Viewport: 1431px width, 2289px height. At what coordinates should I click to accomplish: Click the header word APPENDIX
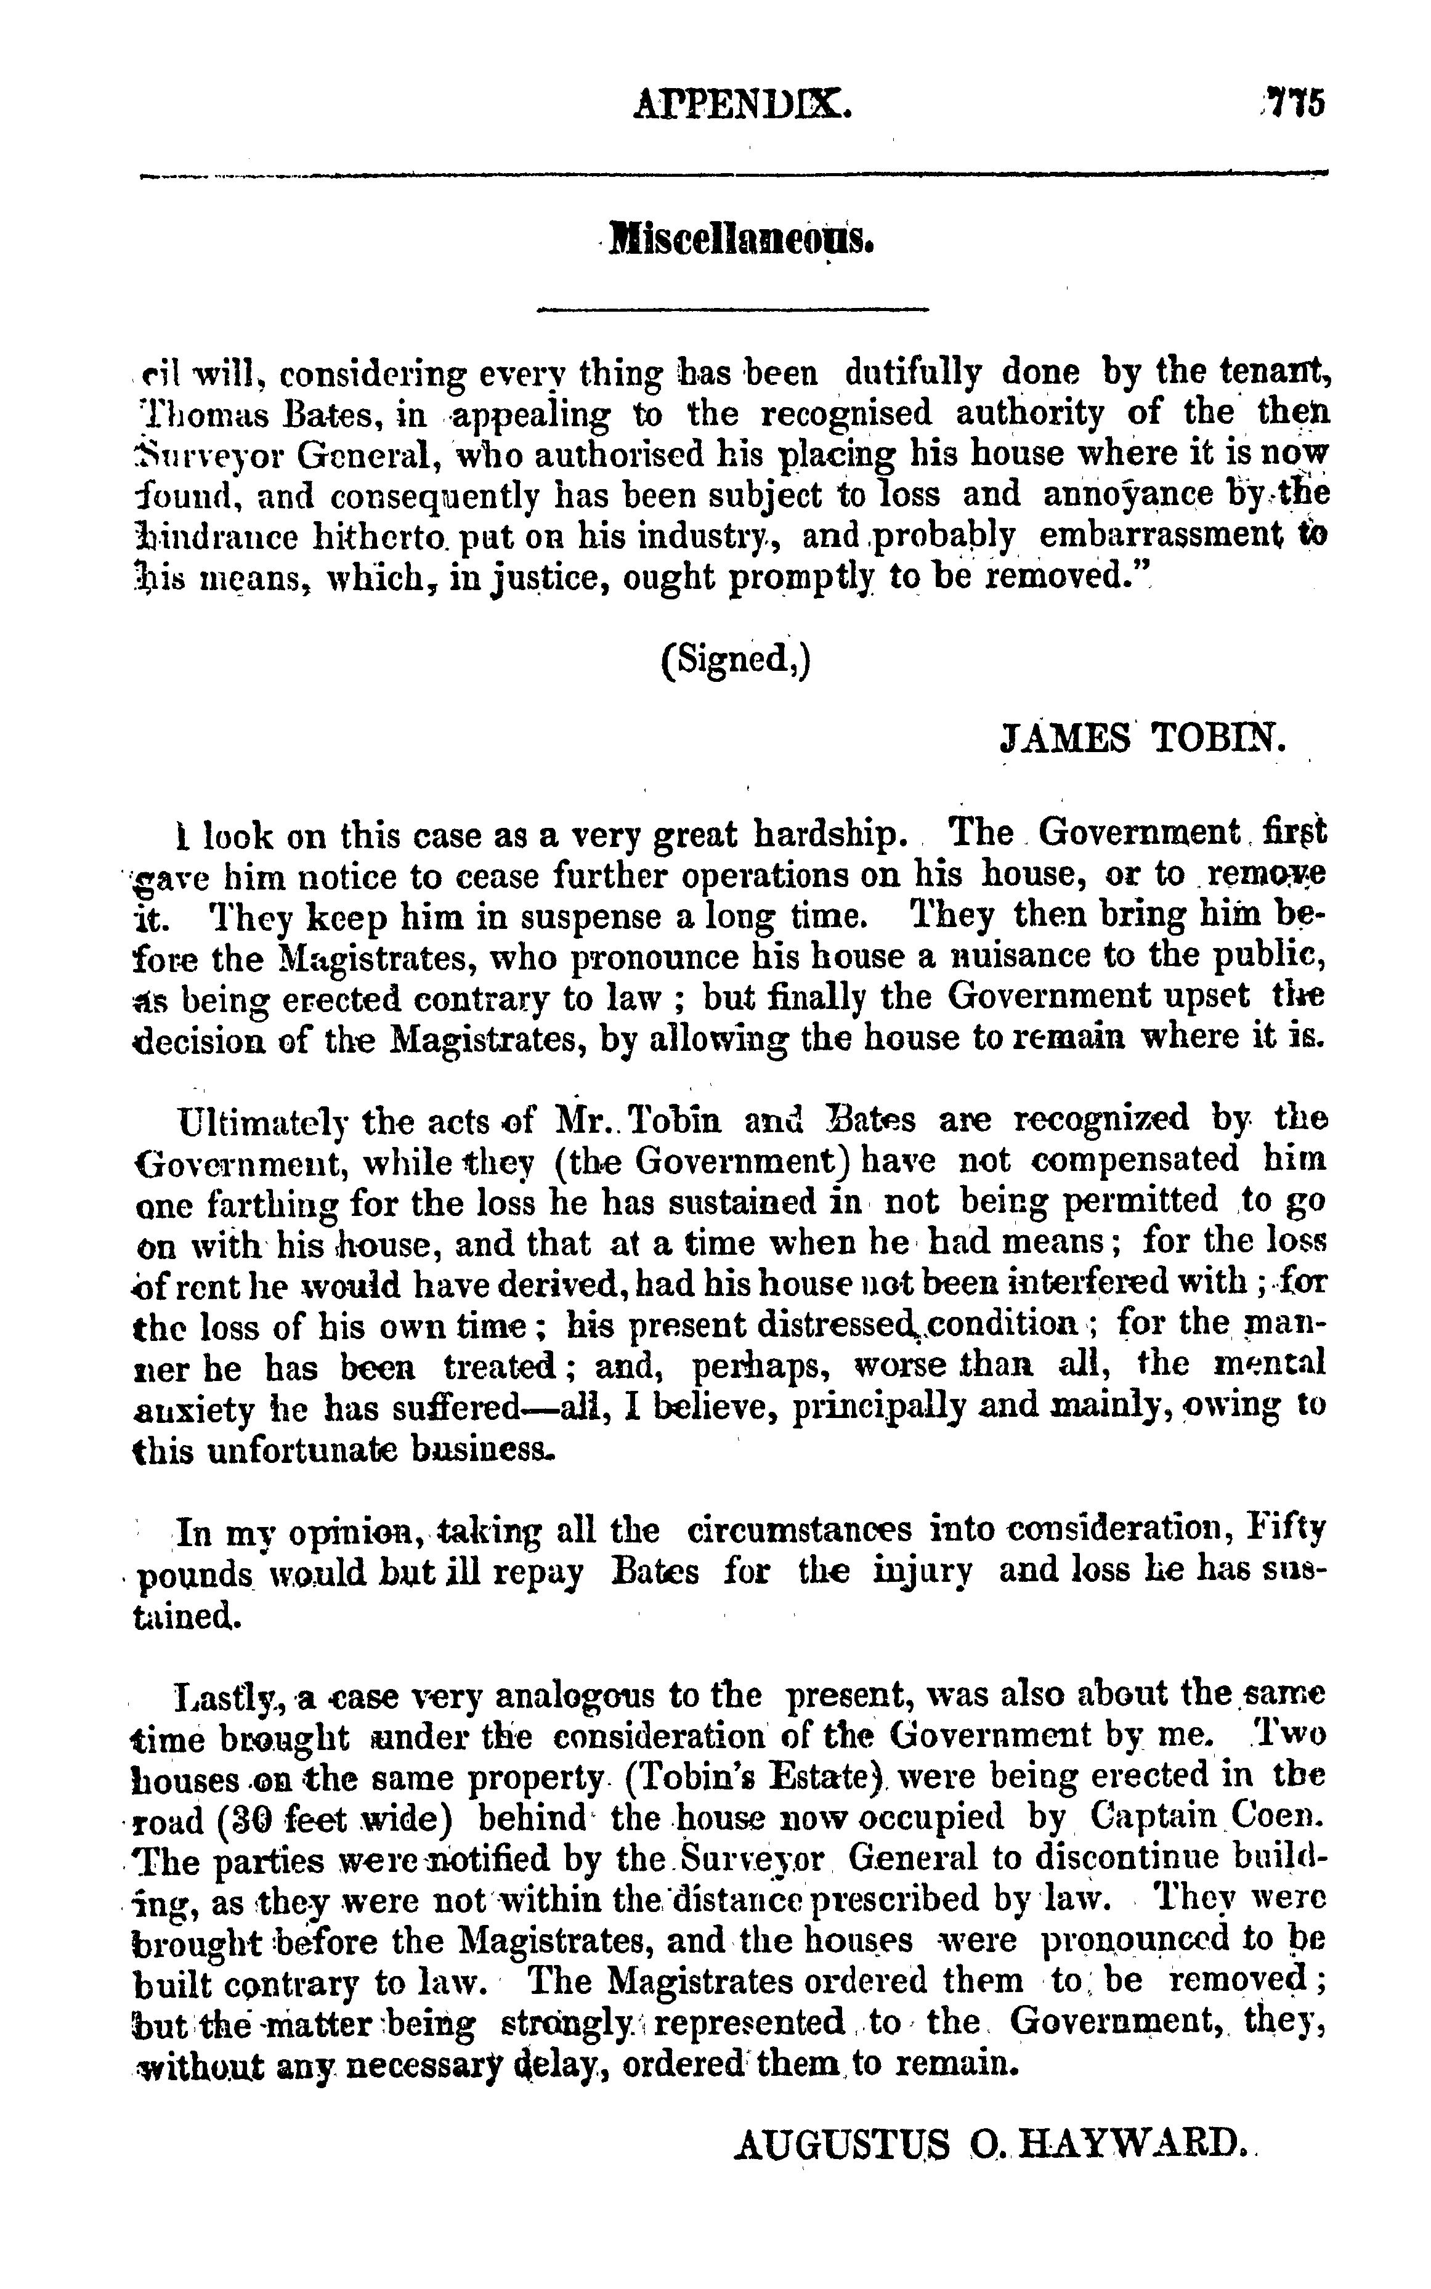click(743, 103)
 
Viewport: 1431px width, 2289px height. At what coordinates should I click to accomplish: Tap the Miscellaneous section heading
click(740, 240)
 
